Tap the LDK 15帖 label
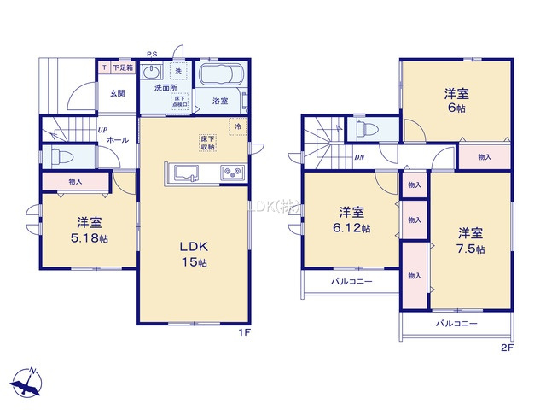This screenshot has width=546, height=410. [x=194, y=254]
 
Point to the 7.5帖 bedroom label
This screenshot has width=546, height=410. [x=469, y=240]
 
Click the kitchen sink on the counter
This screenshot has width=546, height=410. [x=186, y=173]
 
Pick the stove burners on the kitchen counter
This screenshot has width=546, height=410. [x=231, y=173]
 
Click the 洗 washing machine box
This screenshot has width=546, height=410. [x=177, y=72]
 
